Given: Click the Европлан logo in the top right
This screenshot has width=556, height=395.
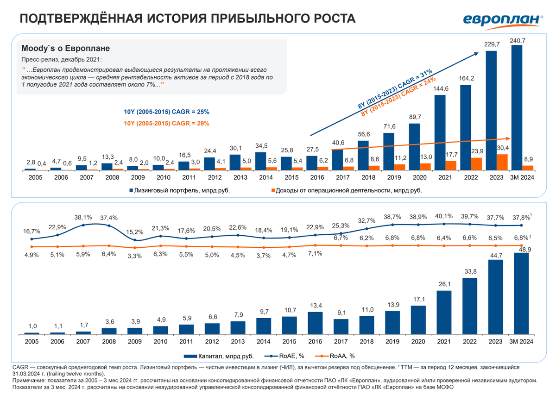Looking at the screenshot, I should click(503, 19).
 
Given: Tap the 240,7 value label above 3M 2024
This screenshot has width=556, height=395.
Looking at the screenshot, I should click(517, 41).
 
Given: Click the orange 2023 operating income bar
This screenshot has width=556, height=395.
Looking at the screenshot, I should click(502, 162).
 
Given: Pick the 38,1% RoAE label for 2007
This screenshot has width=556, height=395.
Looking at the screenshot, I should click(83, 217).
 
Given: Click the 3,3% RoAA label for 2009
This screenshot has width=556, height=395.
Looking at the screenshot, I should click(134, 256).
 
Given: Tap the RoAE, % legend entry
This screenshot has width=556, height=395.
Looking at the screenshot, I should click(290, 356).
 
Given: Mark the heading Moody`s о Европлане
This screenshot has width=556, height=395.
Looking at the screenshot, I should click(65, 48).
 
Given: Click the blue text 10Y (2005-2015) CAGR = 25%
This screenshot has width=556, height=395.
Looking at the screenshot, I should click(166, 112).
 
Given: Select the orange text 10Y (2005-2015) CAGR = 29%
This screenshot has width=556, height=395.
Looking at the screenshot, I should click(166, 123).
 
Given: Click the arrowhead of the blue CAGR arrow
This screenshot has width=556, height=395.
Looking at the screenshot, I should click(478, 53).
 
